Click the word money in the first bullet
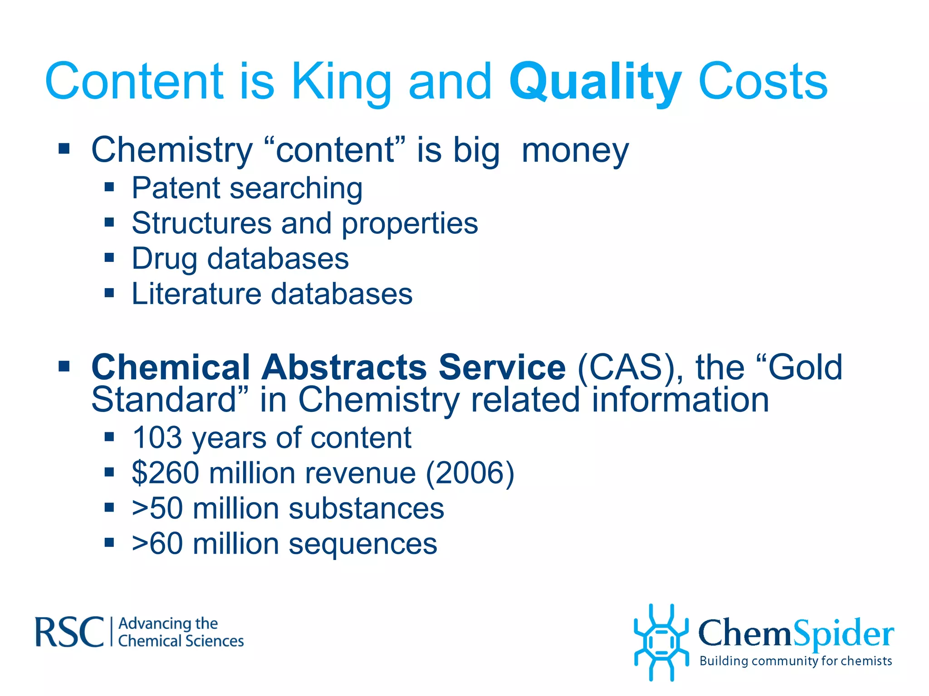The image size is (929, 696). (x=575, y=150)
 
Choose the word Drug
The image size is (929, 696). (x=164, y=259)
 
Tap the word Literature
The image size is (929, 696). (x=196, y=294)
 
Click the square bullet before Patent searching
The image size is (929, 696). (x=109, y=187)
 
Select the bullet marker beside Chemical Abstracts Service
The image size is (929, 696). (x=64, y=366)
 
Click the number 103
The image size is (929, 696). (x=156, y=438)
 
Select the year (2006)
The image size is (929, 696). (x=469, y=473)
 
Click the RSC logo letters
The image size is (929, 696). (x=69, y=632)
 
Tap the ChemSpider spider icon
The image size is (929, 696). (x=661, y=643)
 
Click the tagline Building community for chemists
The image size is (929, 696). (x=796, y=661)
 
